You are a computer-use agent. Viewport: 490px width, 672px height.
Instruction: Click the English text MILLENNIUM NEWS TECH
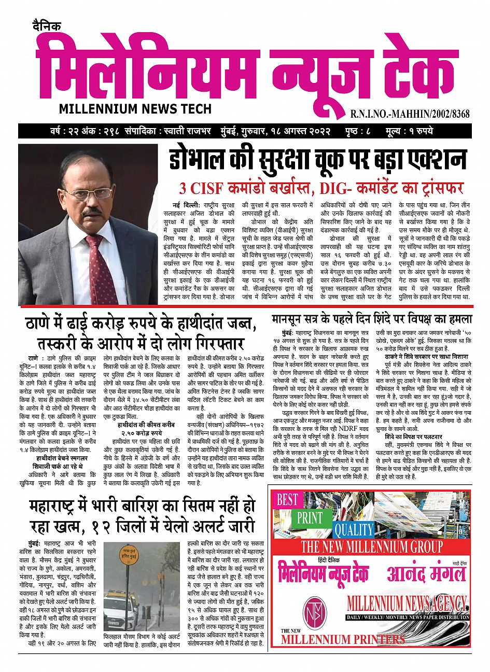pyautogui.click(x=135, y=109)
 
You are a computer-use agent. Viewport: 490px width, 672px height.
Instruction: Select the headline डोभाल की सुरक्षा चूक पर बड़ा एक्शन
pyautogui.click(x=318, y=160)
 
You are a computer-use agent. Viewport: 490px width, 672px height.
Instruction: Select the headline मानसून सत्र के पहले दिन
pyautogui.click(x=371, y=318)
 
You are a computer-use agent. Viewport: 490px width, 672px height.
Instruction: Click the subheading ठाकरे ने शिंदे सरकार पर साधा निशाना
pyautogui.click(x=426, y=357)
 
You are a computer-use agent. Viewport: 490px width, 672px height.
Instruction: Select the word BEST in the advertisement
pyautogui.click(x=287, y=500)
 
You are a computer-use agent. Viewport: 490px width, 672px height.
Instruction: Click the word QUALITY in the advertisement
pyautogui.click(x=354, y=529)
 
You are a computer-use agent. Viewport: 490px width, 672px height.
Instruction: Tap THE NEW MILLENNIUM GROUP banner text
pyautogui.click(x=372, y=547)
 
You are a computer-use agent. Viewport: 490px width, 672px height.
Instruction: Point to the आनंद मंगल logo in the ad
pyautogui.click(x=426, y=573)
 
